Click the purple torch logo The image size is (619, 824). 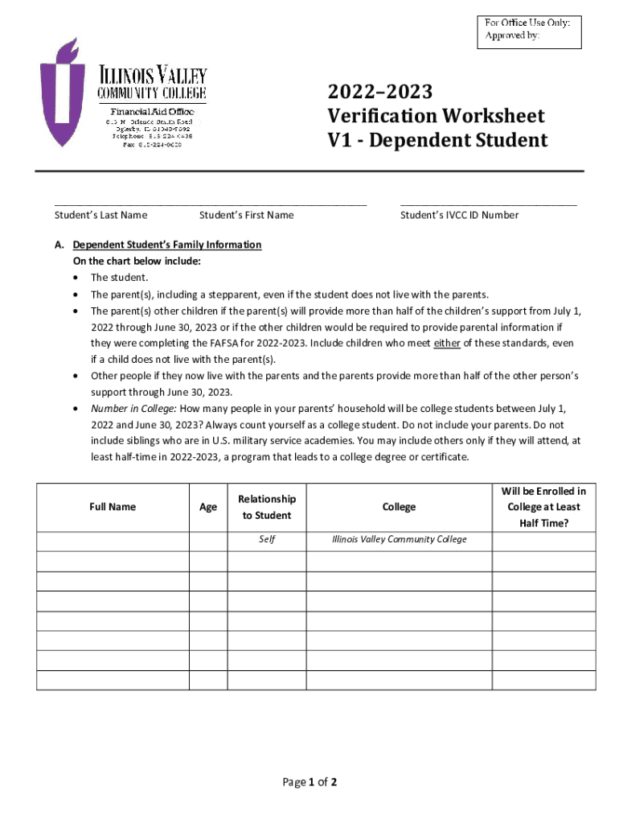(x=63, y=93)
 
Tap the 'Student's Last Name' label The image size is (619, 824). (x=100, y=215)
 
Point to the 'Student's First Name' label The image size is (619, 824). (x=246, y=215)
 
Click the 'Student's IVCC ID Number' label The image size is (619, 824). (x=459, y=215)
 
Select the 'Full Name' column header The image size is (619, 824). (x=113, y=507)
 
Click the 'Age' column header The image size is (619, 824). (x=208, y=507)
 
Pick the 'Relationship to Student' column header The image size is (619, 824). (x=267, y=507)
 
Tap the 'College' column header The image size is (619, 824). (x=399, y=507)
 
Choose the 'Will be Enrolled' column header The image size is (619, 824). (x=543, y=507)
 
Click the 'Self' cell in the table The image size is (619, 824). (x=267, y=539)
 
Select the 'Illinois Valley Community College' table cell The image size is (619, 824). (x=399, y=539)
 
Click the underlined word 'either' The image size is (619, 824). (x=446, y=343)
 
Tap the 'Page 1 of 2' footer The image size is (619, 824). (x=309, y=782)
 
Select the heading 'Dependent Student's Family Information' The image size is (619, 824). (x=166, y=245)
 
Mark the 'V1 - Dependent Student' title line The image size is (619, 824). (x=437, y=141)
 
